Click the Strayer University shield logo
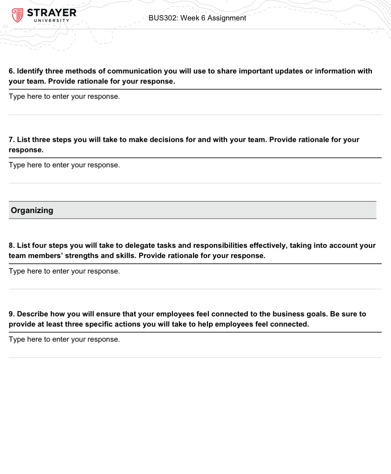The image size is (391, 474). tap(17, 15)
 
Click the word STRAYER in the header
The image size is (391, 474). tap(52, 13)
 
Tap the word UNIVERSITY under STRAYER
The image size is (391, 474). tap(52, 21)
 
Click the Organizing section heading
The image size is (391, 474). tap(32, 210)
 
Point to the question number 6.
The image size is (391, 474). tap(12, 71)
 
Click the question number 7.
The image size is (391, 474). tap(12, 140)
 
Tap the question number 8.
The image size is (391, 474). tap(12, 245)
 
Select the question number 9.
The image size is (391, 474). tap(12, 314)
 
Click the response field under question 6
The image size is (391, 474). tap(64, 97)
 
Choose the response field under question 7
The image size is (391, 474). tap(64, 165)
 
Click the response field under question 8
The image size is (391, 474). tap(64, 271)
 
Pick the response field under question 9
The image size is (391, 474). tap(64, 340)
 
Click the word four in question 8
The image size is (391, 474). tap(39, 245)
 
